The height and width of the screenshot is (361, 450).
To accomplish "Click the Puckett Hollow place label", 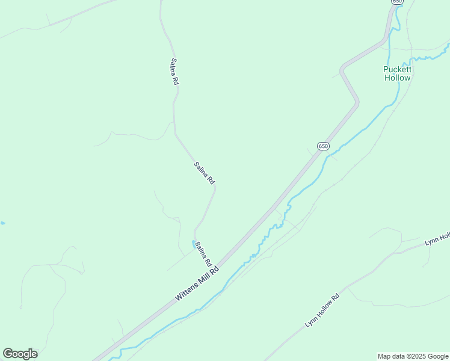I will (x=397, y=73).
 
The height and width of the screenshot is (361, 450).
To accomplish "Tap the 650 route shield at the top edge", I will (x=396, y=2).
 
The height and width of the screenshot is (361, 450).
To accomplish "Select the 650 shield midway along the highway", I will (x=323, y=146).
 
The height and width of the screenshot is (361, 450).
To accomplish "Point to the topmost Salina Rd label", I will (x=174, y=71).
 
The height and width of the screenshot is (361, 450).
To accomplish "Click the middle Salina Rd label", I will (x=205, y=173).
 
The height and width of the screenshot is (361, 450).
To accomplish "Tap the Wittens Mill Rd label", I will (x=197, y=282).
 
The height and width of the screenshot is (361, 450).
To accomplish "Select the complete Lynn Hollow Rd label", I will (x=322, y=310).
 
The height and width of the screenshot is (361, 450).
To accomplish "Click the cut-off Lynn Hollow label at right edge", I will (x=437, y=239).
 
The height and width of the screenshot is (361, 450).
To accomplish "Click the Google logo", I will (x=20, y=354).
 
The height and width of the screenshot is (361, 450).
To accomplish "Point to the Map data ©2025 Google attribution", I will (x=413, y=356).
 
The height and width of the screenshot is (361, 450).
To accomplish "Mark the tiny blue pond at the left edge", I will (x=2, y=223).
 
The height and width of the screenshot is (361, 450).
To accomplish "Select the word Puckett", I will (x=397, y=69).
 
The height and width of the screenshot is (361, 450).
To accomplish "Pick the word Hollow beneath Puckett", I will (x=397, y=78).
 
